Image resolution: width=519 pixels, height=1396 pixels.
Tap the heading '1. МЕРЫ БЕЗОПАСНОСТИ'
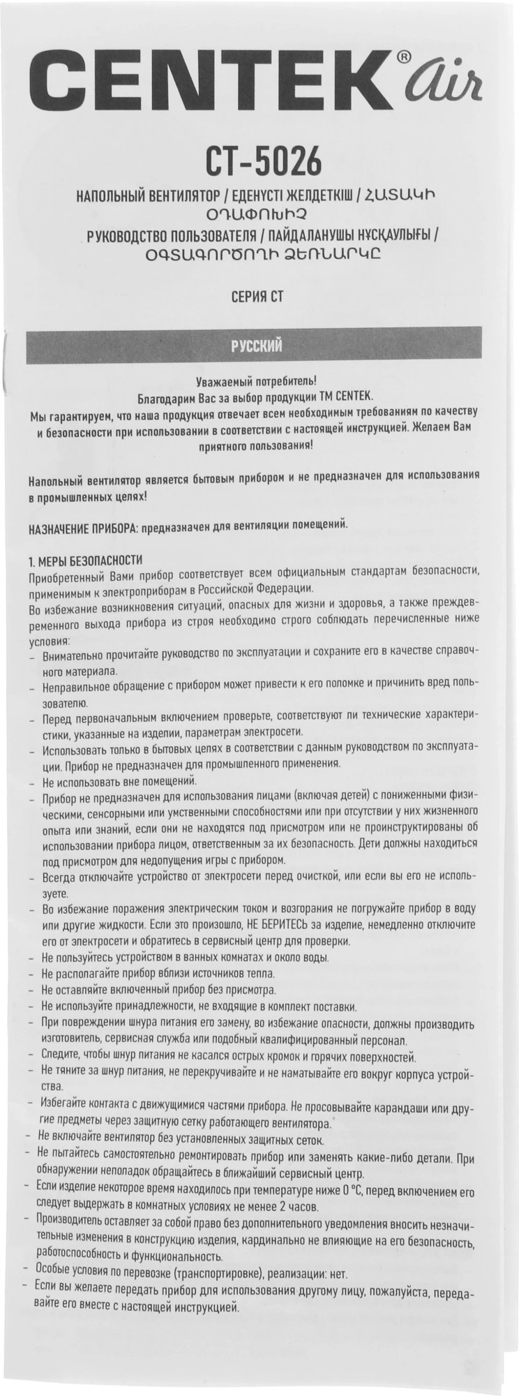(x=85, y=560)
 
